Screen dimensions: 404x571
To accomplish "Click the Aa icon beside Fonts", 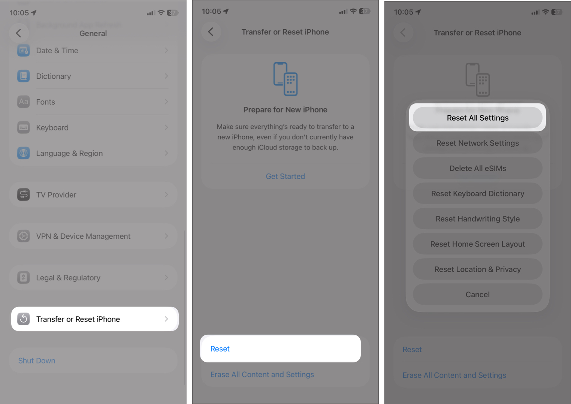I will pyautogui.click(x=24, y=102).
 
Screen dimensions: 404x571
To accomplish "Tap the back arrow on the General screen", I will pyautogui.click(x=18, y=33).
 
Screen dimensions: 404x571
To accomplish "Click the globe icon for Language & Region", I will pyautogui.click(x=24, y=153).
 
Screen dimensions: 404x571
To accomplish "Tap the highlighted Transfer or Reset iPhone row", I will pyautogui.click(x=94, y=319).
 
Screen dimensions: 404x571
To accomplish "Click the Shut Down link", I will pyautogui.click(x=37, y=361).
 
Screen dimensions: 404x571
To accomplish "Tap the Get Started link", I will pyautogui.click(x=285, y=176).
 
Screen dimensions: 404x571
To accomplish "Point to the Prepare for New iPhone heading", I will pyautogui.click(x=285, y=110).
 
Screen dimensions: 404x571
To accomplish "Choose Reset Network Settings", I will pyautogui.click(x=477, y=143).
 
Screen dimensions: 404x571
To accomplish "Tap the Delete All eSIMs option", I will pyautogui.click(x=477, y=168).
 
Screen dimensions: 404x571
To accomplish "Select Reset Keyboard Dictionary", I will pyautogui.click(x=477, y=193).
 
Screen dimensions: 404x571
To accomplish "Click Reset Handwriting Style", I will pyautogui.click(x=477, y=219).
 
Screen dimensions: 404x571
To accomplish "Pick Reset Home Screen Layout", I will pyautogui.click(x=477, y=244).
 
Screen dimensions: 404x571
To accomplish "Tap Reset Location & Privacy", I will pyautogui.click(x=477, y=269).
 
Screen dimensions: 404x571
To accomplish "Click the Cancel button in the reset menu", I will pyautogui.click(x=477, y=295).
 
